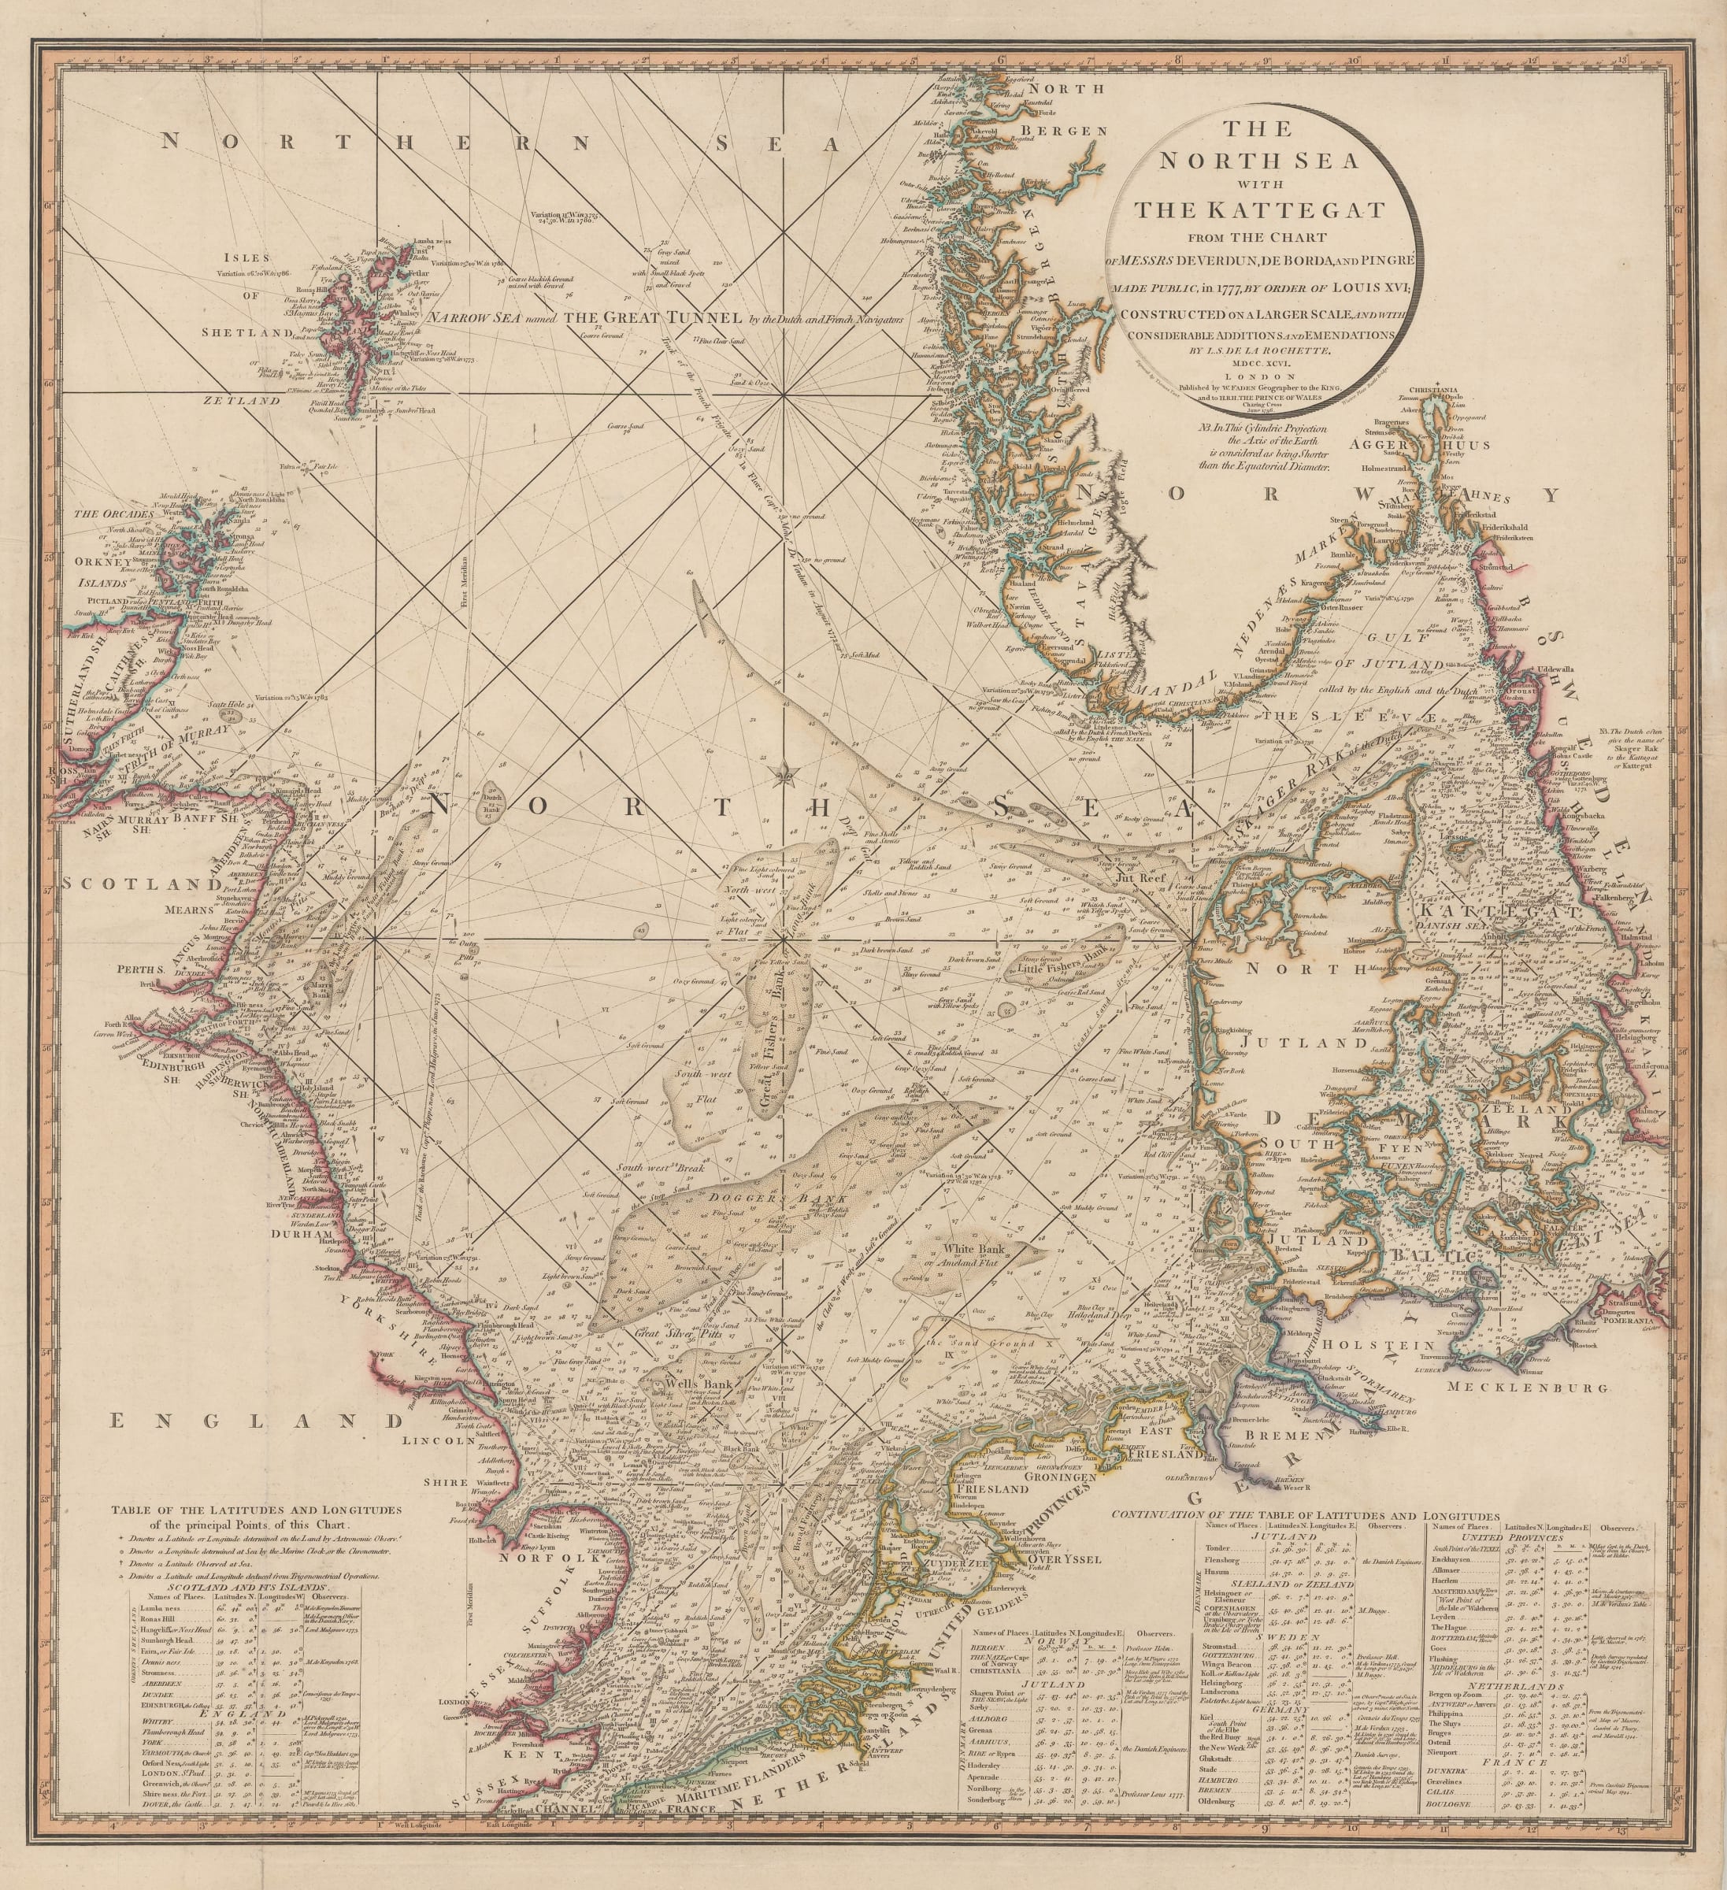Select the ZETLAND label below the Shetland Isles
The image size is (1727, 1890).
click(246, 399)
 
